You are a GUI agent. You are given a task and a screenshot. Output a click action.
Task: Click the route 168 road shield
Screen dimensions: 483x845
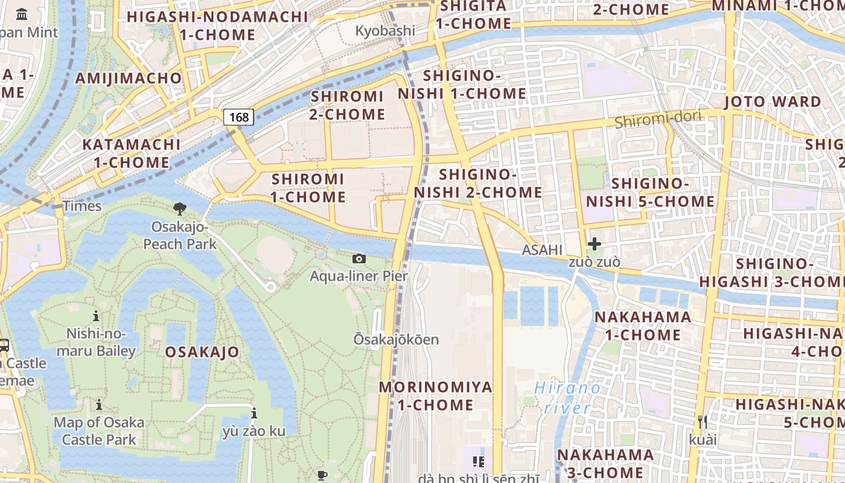coord(239,117)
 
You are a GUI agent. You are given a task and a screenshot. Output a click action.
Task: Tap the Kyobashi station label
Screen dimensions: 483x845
coord(385,31)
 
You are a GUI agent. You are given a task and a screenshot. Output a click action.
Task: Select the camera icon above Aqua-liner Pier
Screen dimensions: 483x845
coord(359,259)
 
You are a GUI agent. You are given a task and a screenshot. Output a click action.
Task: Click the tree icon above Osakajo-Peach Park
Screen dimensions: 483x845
coord(179,210)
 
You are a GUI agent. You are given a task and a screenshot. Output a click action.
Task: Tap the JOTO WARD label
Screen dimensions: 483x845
coord(773,101)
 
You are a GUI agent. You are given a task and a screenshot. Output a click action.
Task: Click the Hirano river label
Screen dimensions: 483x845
coord(567,398)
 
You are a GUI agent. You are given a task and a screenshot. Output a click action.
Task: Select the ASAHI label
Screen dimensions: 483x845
coord(542,250)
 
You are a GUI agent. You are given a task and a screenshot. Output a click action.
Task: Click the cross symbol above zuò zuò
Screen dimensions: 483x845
coord(595,244)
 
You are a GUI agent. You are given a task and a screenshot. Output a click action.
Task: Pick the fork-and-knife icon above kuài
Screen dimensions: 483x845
coord(702,421)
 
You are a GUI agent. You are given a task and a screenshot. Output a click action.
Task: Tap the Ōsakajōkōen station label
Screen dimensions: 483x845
coord(396,339)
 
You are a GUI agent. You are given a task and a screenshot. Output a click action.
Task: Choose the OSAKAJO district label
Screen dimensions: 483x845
coord(202,352)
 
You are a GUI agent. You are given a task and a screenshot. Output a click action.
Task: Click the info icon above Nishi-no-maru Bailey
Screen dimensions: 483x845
coord(96,316)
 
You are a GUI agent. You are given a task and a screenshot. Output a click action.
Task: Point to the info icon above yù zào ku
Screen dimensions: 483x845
coord(254,414)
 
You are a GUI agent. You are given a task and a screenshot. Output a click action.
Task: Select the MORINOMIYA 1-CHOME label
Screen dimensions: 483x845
coord(435,396)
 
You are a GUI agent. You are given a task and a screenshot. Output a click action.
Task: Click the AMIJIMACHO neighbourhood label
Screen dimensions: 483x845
coord(128,78)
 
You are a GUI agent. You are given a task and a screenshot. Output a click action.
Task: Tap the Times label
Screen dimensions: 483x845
coord(82,206)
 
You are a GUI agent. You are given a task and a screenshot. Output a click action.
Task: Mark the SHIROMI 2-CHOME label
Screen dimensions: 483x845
coord(348,105)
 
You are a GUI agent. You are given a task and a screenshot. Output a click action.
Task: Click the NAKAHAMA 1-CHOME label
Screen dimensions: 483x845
coord(643,326)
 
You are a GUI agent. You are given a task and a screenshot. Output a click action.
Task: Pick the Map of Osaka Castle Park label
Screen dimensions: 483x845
coord(99,430)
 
